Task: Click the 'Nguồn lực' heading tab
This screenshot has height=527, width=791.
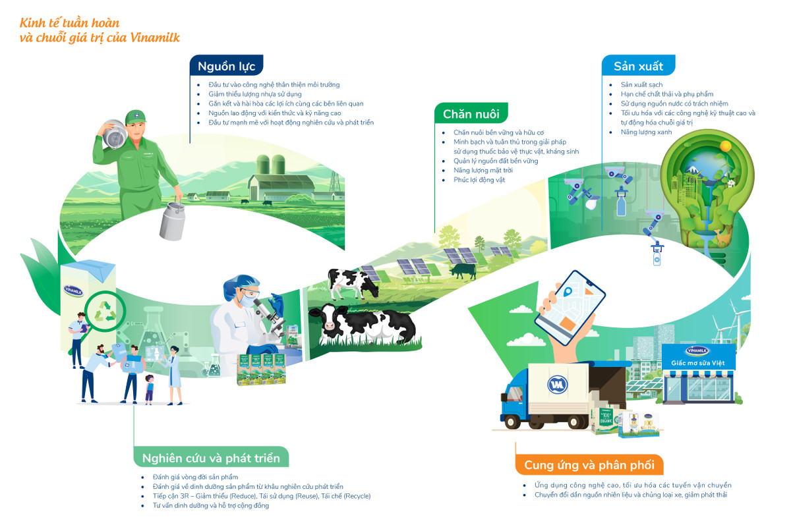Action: pyautogui.click(x=226, y=66)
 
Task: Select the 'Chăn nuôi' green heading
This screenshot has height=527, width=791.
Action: pyautogui.click(x=471, y=114)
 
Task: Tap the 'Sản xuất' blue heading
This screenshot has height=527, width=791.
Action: pyautogui.click(x=639, y=66)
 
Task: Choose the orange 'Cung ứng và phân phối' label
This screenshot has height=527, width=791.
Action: pyautogui.click(x=589, y=464)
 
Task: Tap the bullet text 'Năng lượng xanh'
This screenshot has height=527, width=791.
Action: pyautogui.click(x=646, y=132)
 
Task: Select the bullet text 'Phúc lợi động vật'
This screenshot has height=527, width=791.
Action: pyautogui.click(x=479, y=180)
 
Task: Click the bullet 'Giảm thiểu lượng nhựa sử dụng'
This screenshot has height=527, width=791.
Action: pyautogui.click(x=255, y=94)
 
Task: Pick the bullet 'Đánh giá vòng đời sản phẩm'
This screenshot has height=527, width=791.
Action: pyautogui.click(x=195, y=477)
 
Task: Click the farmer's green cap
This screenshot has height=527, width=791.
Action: pyautogui.click(x=135, y=117)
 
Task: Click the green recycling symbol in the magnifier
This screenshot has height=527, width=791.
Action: pyautogui.click(x=105, y=312)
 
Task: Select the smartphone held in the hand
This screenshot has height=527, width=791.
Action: pyautogui.click(x=570, y=308)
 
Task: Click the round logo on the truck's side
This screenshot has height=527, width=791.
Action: pyautogui.click(x=557, y=385)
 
